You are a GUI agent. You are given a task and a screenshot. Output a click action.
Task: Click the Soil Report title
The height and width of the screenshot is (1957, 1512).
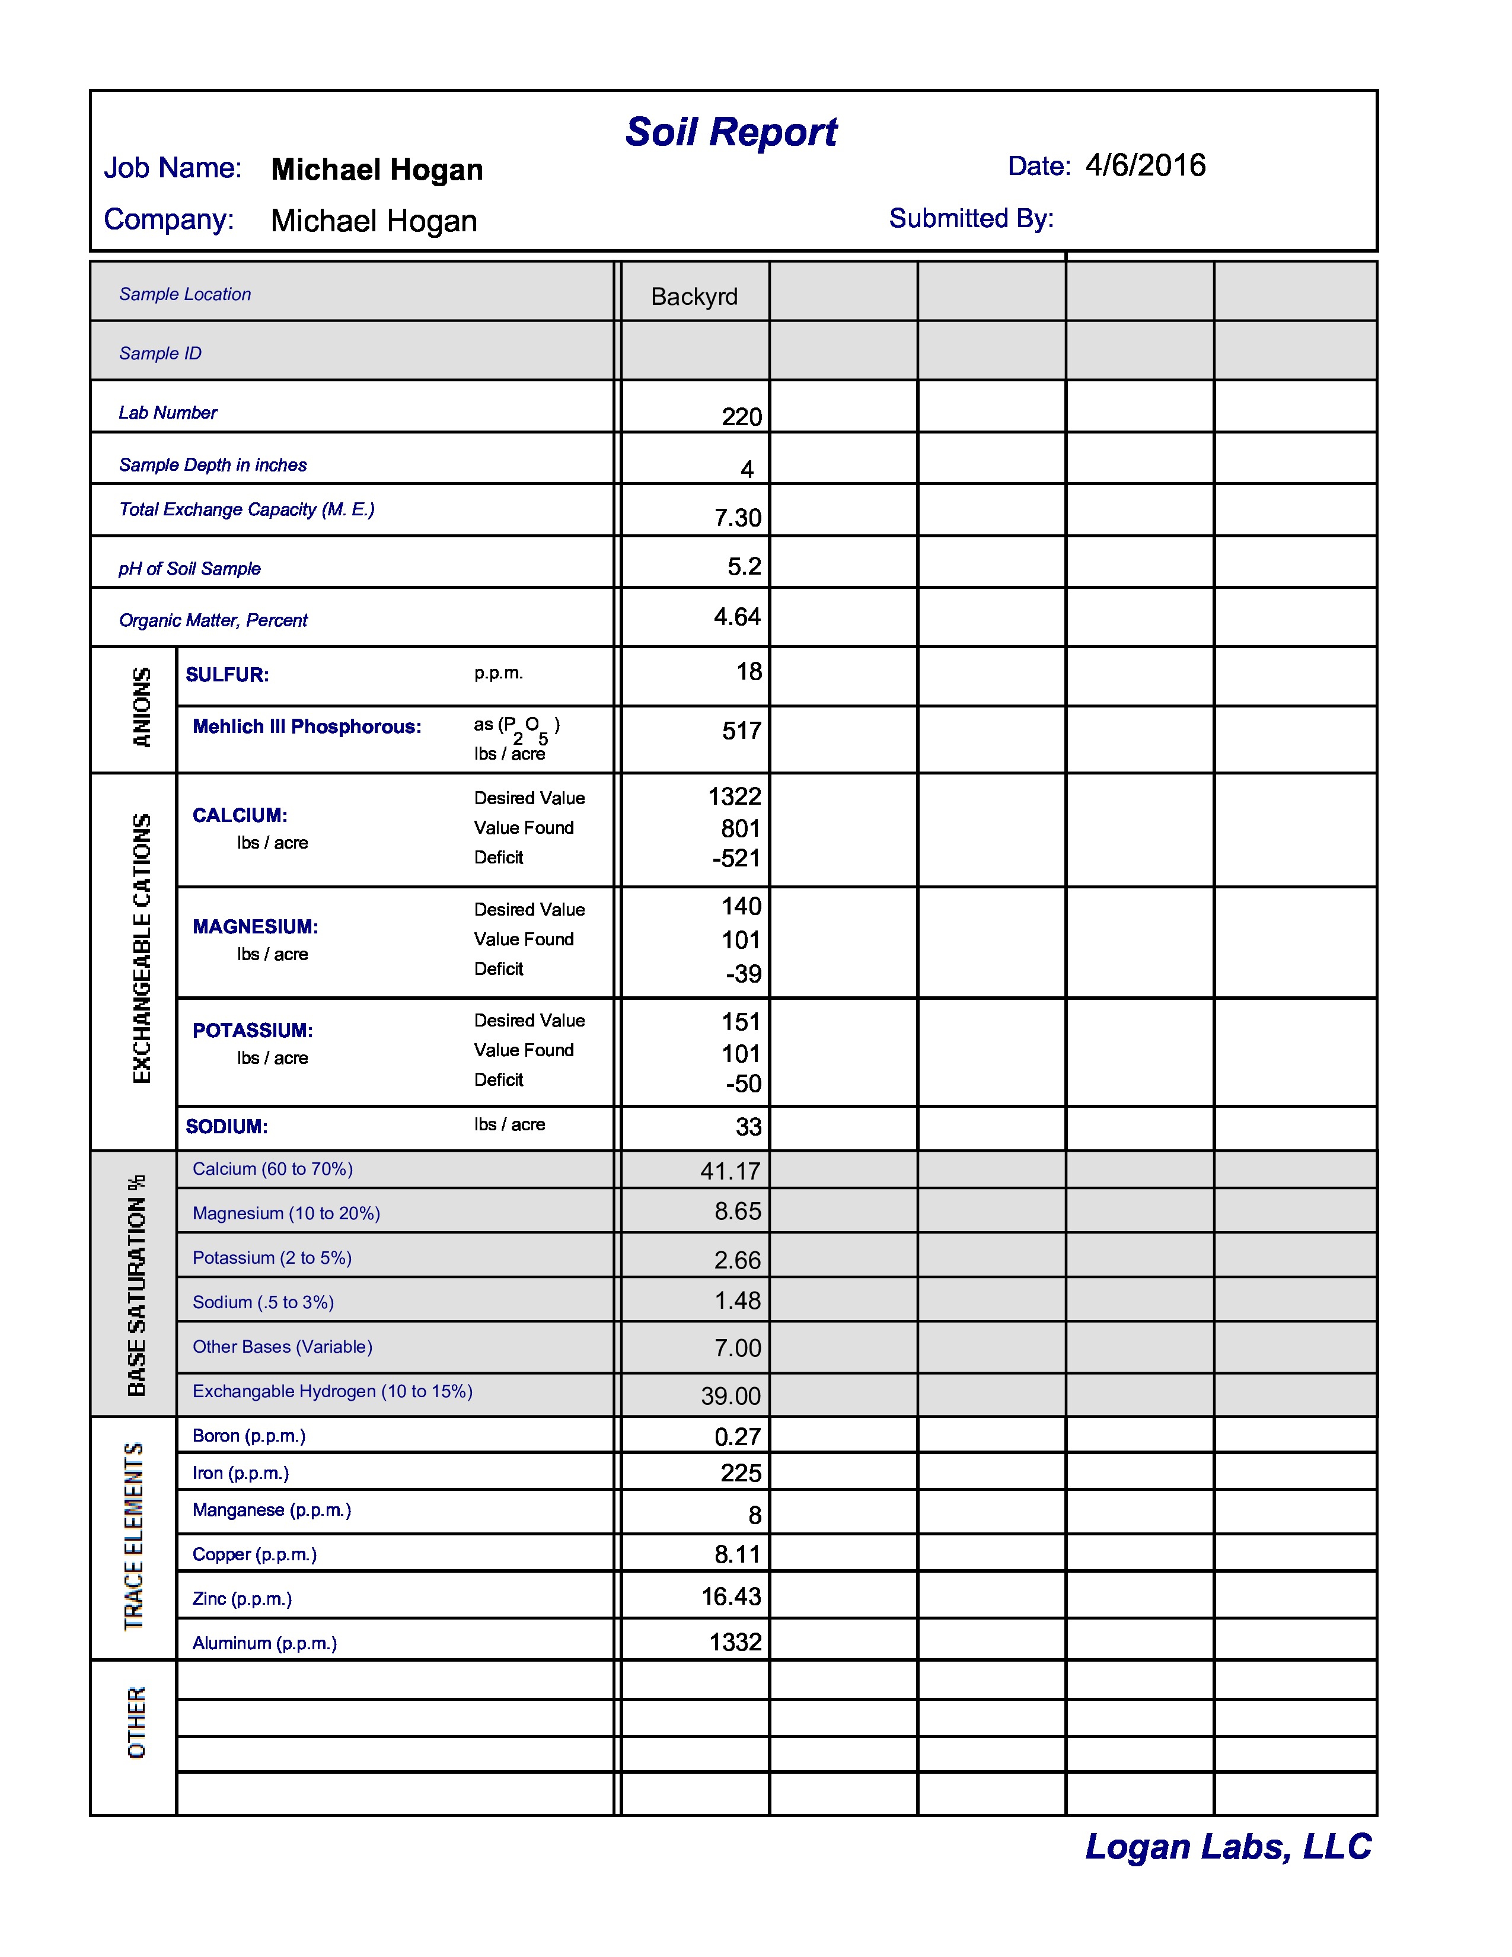coord(731,133)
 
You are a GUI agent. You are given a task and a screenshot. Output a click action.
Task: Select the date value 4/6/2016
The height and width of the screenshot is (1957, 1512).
coord(1145,166)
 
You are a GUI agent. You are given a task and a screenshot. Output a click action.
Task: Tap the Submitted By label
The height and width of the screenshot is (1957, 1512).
coord(971,219)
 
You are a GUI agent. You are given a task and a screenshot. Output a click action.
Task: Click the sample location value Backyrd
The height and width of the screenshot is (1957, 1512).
coord(694,297)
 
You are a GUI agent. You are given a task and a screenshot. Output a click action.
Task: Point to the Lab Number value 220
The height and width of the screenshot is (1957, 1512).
coord(742,417)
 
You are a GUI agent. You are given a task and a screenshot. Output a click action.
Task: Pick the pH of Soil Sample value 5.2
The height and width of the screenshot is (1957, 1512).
coord(744,566)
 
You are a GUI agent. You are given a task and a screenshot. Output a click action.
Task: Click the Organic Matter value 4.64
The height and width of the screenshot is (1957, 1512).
coord(737,617)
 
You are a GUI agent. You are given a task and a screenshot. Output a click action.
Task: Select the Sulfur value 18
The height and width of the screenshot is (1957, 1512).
coord(749,671)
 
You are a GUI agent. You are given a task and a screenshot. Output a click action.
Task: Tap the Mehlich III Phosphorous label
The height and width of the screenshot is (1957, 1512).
coord(307,726)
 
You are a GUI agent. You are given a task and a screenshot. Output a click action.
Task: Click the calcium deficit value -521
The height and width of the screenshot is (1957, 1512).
coord(736,859)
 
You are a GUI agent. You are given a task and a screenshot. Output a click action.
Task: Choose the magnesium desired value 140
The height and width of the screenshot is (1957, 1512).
coord(742,906)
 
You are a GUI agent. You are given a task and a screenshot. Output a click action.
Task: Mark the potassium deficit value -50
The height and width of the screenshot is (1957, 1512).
coord(744,1083)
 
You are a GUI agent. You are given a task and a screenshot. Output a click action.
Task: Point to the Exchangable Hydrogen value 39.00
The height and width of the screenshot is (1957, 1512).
coord(731,1396)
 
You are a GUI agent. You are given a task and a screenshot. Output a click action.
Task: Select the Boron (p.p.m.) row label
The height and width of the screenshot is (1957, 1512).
coord(249,1436)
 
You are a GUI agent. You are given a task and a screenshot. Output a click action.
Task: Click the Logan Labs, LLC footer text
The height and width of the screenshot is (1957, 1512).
coord(1228,1847)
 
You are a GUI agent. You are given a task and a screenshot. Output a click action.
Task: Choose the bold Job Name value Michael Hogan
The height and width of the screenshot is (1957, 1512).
coord(377,170)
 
